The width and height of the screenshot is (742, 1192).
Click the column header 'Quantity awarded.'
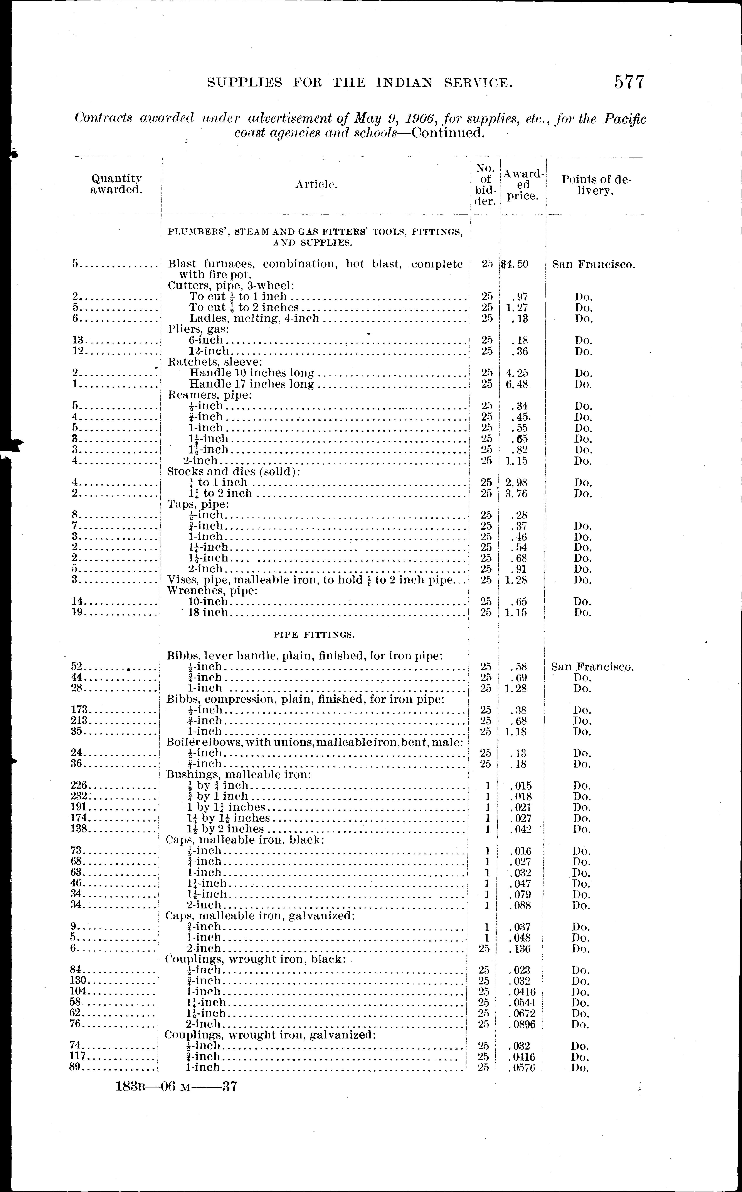pos(116,185)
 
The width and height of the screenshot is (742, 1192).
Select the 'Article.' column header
pos(316,185)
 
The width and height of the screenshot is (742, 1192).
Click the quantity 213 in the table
pos(79,720)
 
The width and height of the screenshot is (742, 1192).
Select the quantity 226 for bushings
pos(79,786)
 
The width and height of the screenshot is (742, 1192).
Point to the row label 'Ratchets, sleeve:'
pos(215,362)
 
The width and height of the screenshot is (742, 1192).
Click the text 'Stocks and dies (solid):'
pos(234,471)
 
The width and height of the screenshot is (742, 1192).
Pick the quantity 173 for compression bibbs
pos(79,709)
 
